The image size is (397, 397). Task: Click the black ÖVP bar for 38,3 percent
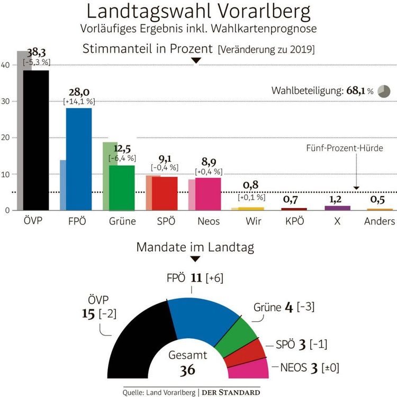click(36, 140)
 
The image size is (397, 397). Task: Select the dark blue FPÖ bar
click(78, 159)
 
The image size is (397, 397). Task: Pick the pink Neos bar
click(208, 194)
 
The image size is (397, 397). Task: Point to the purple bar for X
click(337, 208)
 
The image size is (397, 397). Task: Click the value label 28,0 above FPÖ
click(78, 93)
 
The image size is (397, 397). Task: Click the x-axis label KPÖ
click(294, 221)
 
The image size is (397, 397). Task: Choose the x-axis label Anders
click(380, 221)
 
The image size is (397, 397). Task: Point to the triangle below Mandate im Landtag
click(195, 259)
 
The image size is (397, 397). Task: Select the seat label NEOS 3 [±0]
click(309, 367)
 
